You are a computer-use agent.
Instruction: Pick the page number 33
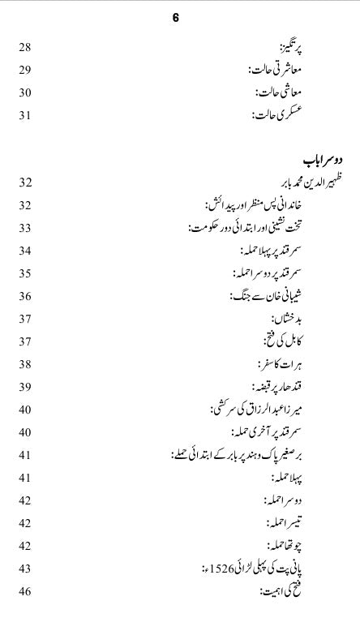[x=25, y=250]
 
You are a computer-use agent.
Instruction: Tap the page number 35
[x=25, y=295]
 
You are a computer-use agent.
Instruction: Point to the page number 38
[x=25, y=387]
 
